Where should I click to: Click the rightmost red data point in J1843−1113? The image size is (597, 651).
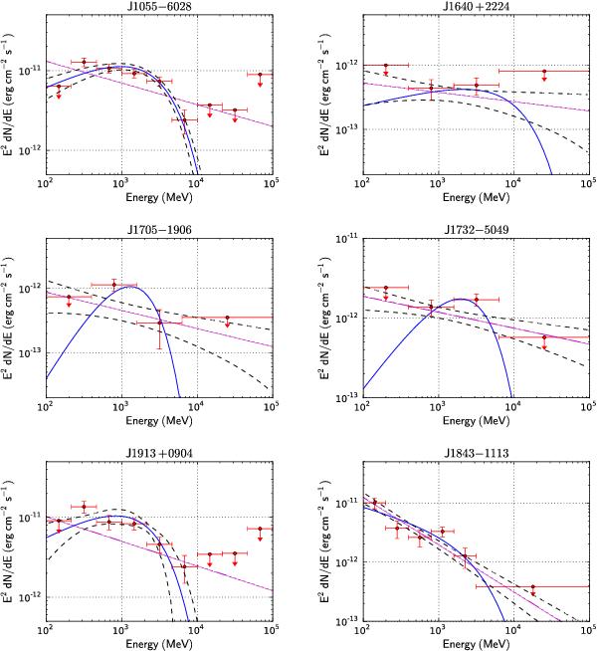[x=533, y=587]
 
